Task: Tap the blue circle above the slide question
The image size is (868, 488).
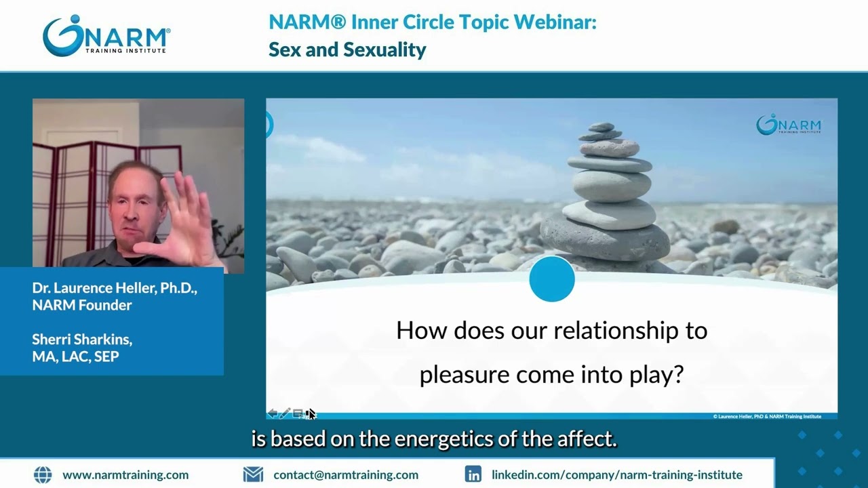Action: click(x=551, y=279)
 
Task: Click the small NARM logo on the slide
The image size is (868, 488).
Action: click(x=789, y=125)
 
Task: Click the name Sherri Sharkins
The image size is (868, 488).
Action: click(x=82, y=340)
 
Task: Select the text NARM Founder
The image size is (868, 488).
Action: click(x=82, y=305)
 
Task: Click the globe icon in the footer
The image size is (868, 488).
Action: click(x=42, y=474)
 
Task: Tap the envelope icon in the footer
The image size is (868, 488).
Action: click(x=253, y=474)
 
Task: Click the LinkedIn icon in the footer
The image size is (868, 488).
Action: click(x=473, y=474)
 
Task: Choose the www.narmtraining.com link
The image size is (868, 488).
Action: click(x=125, y=475)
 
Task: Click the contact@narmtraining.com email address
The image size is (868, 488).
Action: click(x=346, y=475)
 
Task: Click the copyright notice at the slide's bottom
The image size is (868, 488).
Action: click(x=767, y=416)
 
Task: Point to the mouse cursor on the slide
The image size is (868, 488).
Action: click(x=311, y=413)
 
